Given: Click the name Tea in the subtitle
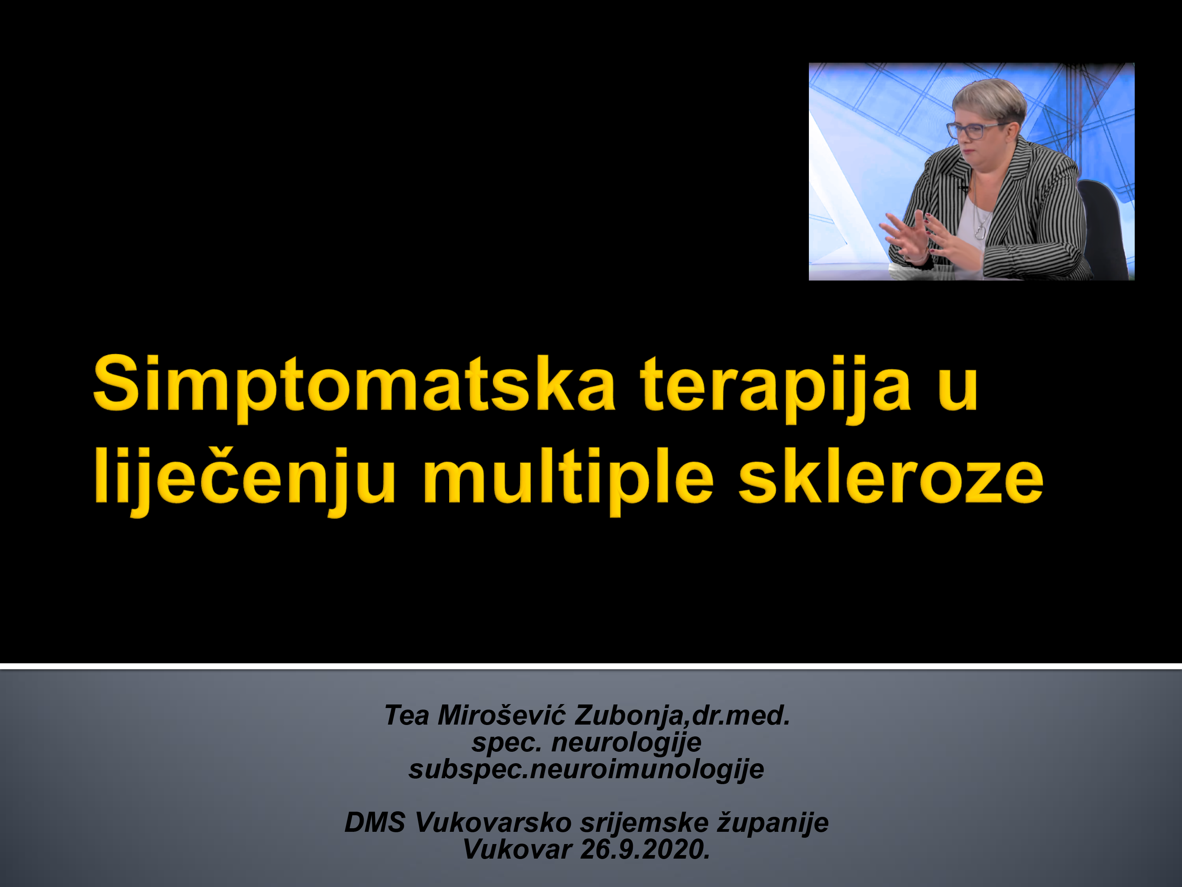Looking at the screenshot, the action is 407,716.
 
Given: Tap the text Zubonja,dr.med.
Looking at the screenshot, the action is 681,716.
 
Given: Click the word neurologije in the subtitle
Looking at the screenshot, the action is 626,743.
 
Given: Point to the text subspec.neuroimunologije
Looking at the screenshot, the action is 586,770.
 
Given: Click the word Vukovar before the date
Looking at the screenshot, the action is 517,850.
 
